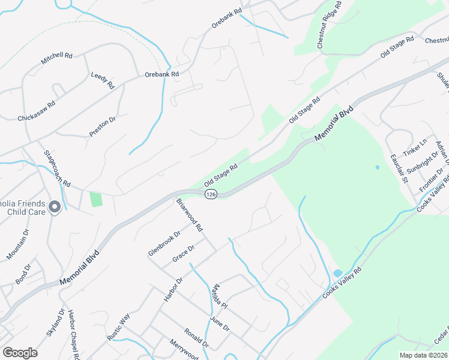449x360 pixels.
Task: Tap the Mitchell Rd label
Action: pos(56,58)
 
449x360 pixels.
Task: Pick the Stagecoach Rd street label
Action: pos(58,168)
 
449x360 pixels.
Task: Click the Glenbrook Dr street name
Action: pos(164,244)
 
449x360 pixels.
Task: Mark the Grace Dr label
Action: pos(184,253)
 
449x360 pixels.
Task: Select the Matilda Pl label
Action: pos(220,296)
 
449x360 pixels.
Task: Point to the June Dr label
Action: pos(220,323)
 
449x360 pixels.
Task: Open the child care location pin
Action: pos(55,208)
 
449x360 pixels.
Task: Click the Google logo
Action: pos(20,353)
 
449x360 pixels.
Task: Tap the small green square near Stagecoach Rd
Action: pos(95,199)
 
